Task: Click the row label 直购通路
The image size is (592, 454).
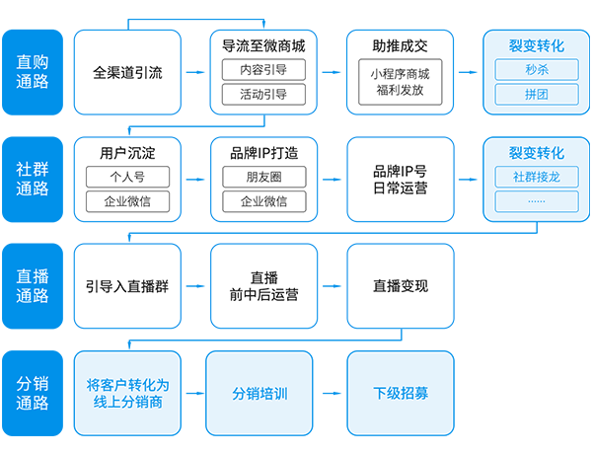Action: (x=33, y=71)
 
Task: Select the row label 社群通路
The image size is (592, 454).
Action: (x=33, y=179)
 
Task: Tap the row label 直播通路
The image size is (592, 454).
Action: (x=33, y=285)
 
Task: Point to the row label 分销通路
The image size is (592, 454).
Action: (x=33, y=393)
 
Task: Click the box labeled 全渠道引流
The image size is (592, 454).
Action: (x=127, y=72)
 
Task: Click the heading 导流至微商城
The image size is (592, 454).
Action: (x=263, y=45)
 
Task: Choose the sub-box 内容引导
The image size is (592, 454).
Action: (x=263, y=70)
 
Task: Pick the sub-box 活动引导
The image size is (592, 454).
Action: (x=263, y=95)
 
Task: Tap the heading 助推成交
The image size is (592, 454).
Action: (x=400, y=45)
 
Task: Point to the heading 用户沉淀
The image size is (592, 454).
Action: (x=127, y=153)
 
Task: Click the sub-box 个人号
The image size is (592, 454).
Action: (x=127, y=177)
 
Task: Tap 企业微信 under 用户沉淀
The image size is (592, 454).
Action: (x=127, y=201)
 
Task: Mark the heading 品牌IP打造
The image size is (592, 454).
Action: (x=263, y=153)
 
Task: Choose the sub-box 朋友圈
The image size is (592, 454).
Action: (x=263, y=177)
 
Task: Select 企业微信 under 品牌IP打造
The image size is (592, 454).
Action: (x=263, y=201)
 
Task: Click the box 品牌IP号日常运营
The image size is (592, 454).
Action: (x=400, y=179)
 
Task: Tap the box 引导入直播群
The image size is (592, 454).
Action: (x=127, y=286)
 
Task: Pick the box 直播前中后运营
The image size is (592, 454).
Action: (x=263, y=286)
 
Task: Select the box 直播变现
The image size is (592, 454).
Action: (x=400, y=286)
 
